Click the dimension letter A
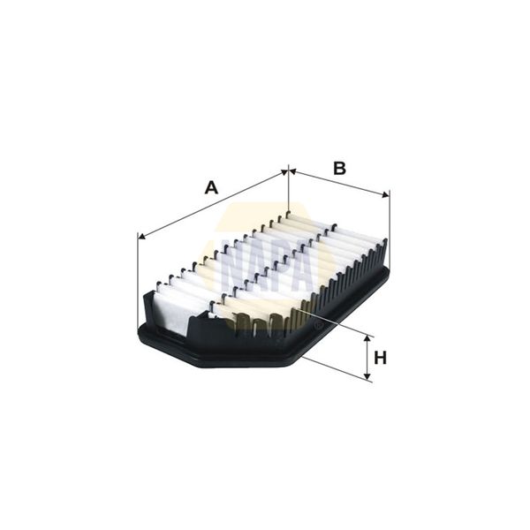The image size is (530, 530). point(210,187)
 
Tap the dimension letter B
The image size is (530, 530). point(338,167)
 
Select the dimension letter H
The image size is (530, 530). point(380,358)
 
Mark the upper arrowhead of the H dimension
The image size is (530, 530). point(369,340)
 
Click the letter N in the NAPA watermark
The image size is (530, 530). point(231,265)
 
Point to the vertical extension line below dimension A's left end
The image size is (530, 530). point(140,274)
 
